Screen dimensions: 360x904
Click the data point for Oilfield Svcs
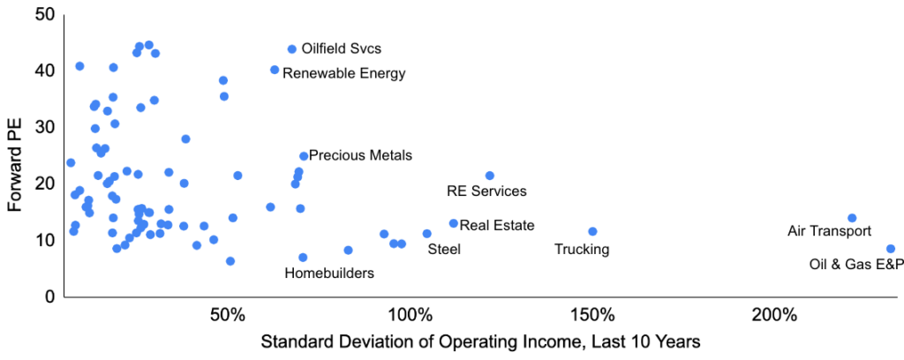pyautogui.click(x=292, y=49)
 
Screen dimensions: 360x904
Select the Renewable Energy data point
pyautogui.click(x=275, y=70)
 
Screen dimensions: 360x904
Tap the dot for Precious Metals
pyautogui.click(x=304, y=156)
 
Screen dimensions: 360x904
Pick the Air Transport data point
pyautogui.click(x=852, y=218)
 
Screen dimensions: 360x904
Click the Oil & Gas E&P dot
pyautogui.click(x=891, y=249)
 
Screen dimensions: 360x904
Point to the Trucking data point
pyautogui.click(x=592, y=231)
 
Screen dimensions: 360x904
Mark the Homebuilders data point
pyautogui.click(x=303, y=258)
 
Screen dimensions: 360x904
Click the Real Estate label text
pyautogui.click(x=497, y=225)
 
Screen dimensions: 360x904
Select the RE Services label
pyautogui.click(x=486, y=191)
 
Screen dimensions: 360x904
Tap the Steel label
pyautogui.click(x=444, y=250)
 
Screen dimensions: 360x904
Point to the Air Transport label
pyautogui.click(x=829, y=231)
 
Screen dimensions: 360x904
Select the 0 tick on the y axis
pyautogui.click(x=49, y=297)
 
